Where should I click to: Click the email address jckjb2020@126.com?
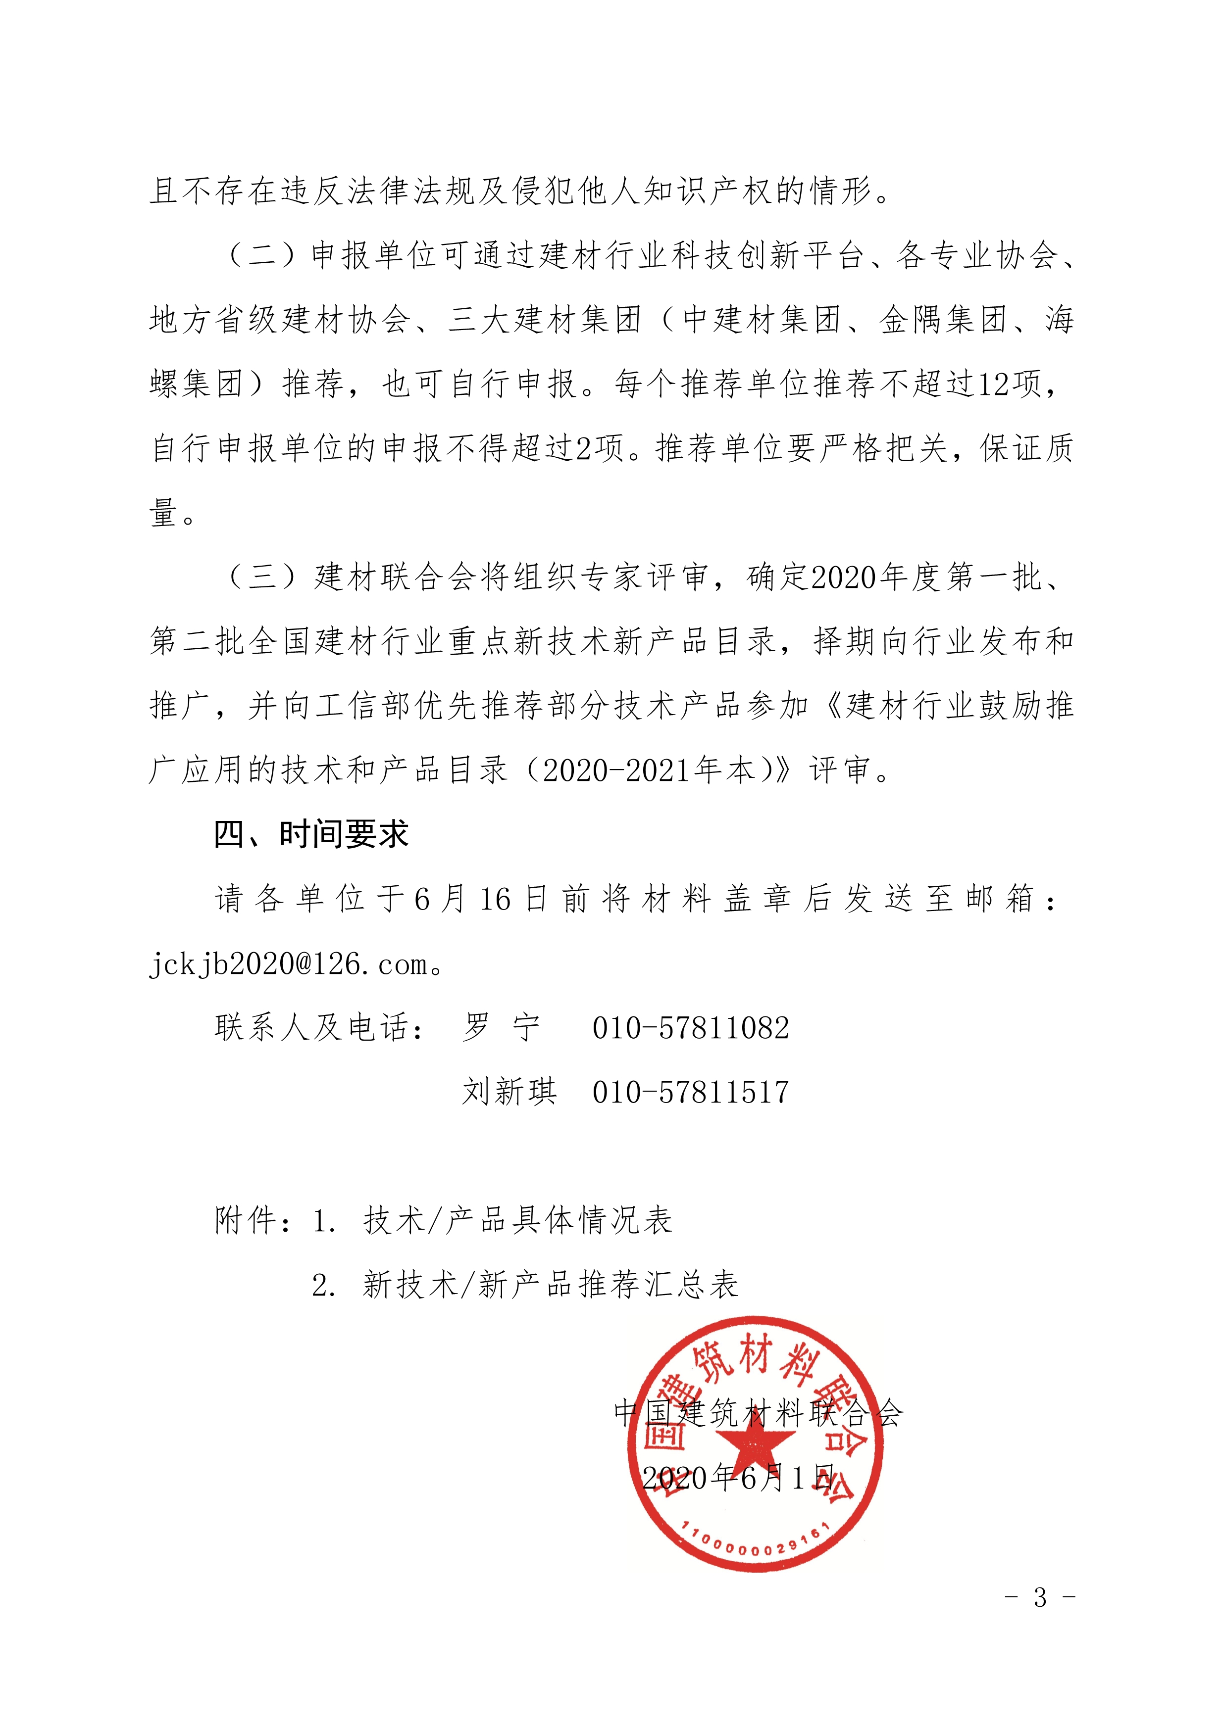(x=290, y=964)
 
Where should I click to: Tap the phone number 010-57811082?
(x=691, y=1028)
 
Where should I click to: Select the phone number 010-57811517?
(x=691, y=1093)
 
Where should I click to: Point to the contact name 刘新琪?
(x=509, y=1093)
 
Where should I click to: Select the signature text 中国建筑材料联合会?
(x=759, y=1413)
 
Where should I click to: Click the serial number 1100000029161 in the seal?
(x=755, y=1546)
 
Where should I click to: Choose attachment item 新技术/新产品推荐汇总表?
(x=550, y=1285)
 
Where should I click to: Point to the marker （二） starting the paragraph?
(x=262, y=256)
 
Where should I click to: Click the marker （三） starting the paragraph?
(x=262, y=578)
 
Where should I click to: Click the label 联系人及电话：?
(x=320, y=1028)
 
